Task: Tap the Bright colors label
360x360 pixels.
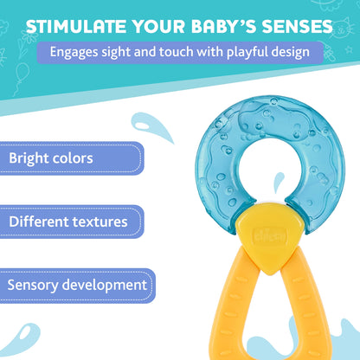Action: click(x=52, y=159)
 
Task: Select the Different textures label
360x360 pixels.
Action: click(x=68, y=222)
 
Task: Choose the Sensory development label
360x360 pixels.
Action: click(x=77, y=284)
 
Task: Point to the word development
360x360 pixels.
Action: click(x=105, y=285)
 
